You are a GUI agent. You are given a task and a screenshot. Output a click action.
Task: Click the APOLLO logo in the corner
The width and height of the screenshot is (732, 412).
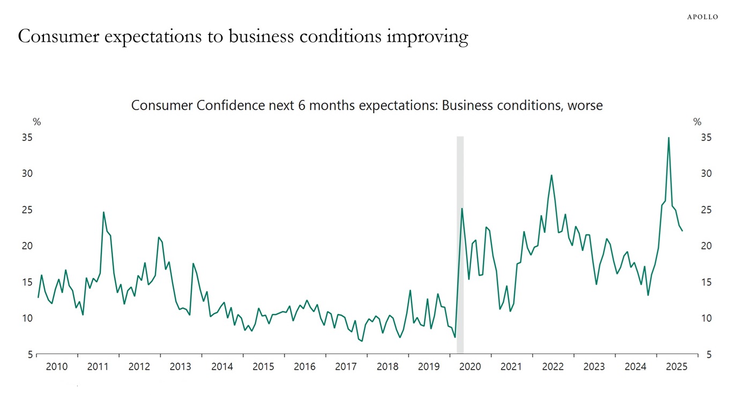(703, 17)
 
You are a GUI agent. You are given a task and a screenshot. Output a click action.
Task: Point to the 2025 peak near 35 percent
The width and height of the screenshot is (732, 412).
(668, 138)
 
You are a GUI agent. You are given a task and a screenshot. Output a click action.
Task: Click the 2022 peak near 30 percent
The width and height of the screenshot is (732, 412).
(551, 175)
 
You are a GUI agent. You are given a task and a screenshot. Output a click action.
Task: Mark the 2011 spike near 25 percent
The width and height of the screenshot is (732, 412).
(103, 212)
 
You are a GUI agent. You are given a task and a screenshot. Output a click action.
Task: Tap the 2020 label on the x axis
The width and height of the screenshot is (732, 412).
(470, 367)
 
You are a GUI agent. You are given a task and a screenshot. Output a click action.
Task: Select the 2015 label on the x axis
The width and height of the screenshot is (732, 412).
(263, 367)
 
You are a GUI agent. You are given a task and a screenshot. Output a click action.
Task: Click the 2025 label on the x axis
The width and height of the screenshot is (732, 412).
(677, 367)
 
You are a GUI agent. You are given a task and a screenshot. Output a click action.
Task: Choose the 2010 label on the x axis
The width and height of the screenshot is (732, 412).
(57, 367)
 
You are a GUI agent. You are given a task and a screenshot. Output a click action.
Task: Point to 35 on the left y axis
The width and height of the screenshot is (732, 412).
(27, 138)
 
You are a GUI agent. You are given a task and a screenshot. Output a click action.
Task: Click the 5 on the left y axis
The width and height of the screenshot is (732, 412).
(29, 355)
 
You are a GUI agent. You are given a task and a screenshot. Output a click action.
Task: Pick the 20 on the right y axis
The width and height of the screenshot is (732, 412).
(706, 246)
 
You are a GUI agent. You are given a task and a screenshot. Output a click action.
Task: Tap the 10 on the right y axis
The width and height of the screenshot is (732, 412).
(706, 319)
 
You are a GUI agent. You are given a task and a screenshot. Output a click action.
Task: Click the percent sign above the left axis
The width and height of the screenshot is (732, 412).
(36, 122)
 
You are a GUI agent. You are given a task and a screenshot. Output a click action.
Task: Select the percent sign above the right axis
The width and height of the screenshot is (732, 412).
(697, 122)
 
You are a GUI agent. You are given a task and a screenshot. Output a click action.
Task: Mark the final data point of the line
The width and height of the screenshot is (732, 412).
(682, 231)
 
